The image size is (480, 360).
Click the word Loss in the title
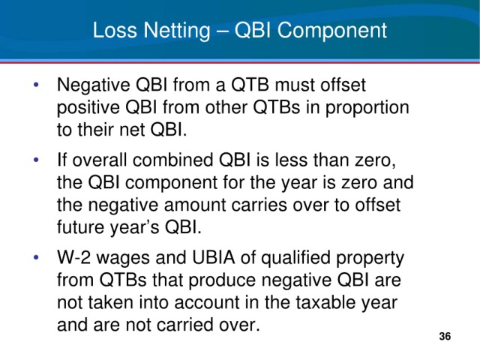[x=115, y=30]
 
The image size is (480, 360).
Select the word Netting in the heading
[x=177, y=31]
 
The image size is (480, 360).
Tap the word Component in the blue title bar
[x=332, y=31]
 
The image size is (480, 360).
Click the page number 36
[x=445, y=336]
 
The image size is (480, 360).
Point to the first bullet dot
[x=36, y=84]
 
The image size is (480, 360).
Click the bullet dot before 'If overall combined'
[x=36, y=160]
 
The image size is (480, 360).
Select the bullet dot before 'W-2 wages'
[x=36, y=257]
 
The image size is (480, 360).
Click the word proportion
[x=367, y=109]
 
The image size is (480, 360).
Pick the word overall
[x=100, y=160]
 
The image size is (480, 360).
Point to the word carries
[x=259, y=205]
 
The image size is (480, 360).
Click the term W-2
[x=73, y=257]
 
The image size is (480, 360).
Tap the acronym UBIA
[x=213, y=257]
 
